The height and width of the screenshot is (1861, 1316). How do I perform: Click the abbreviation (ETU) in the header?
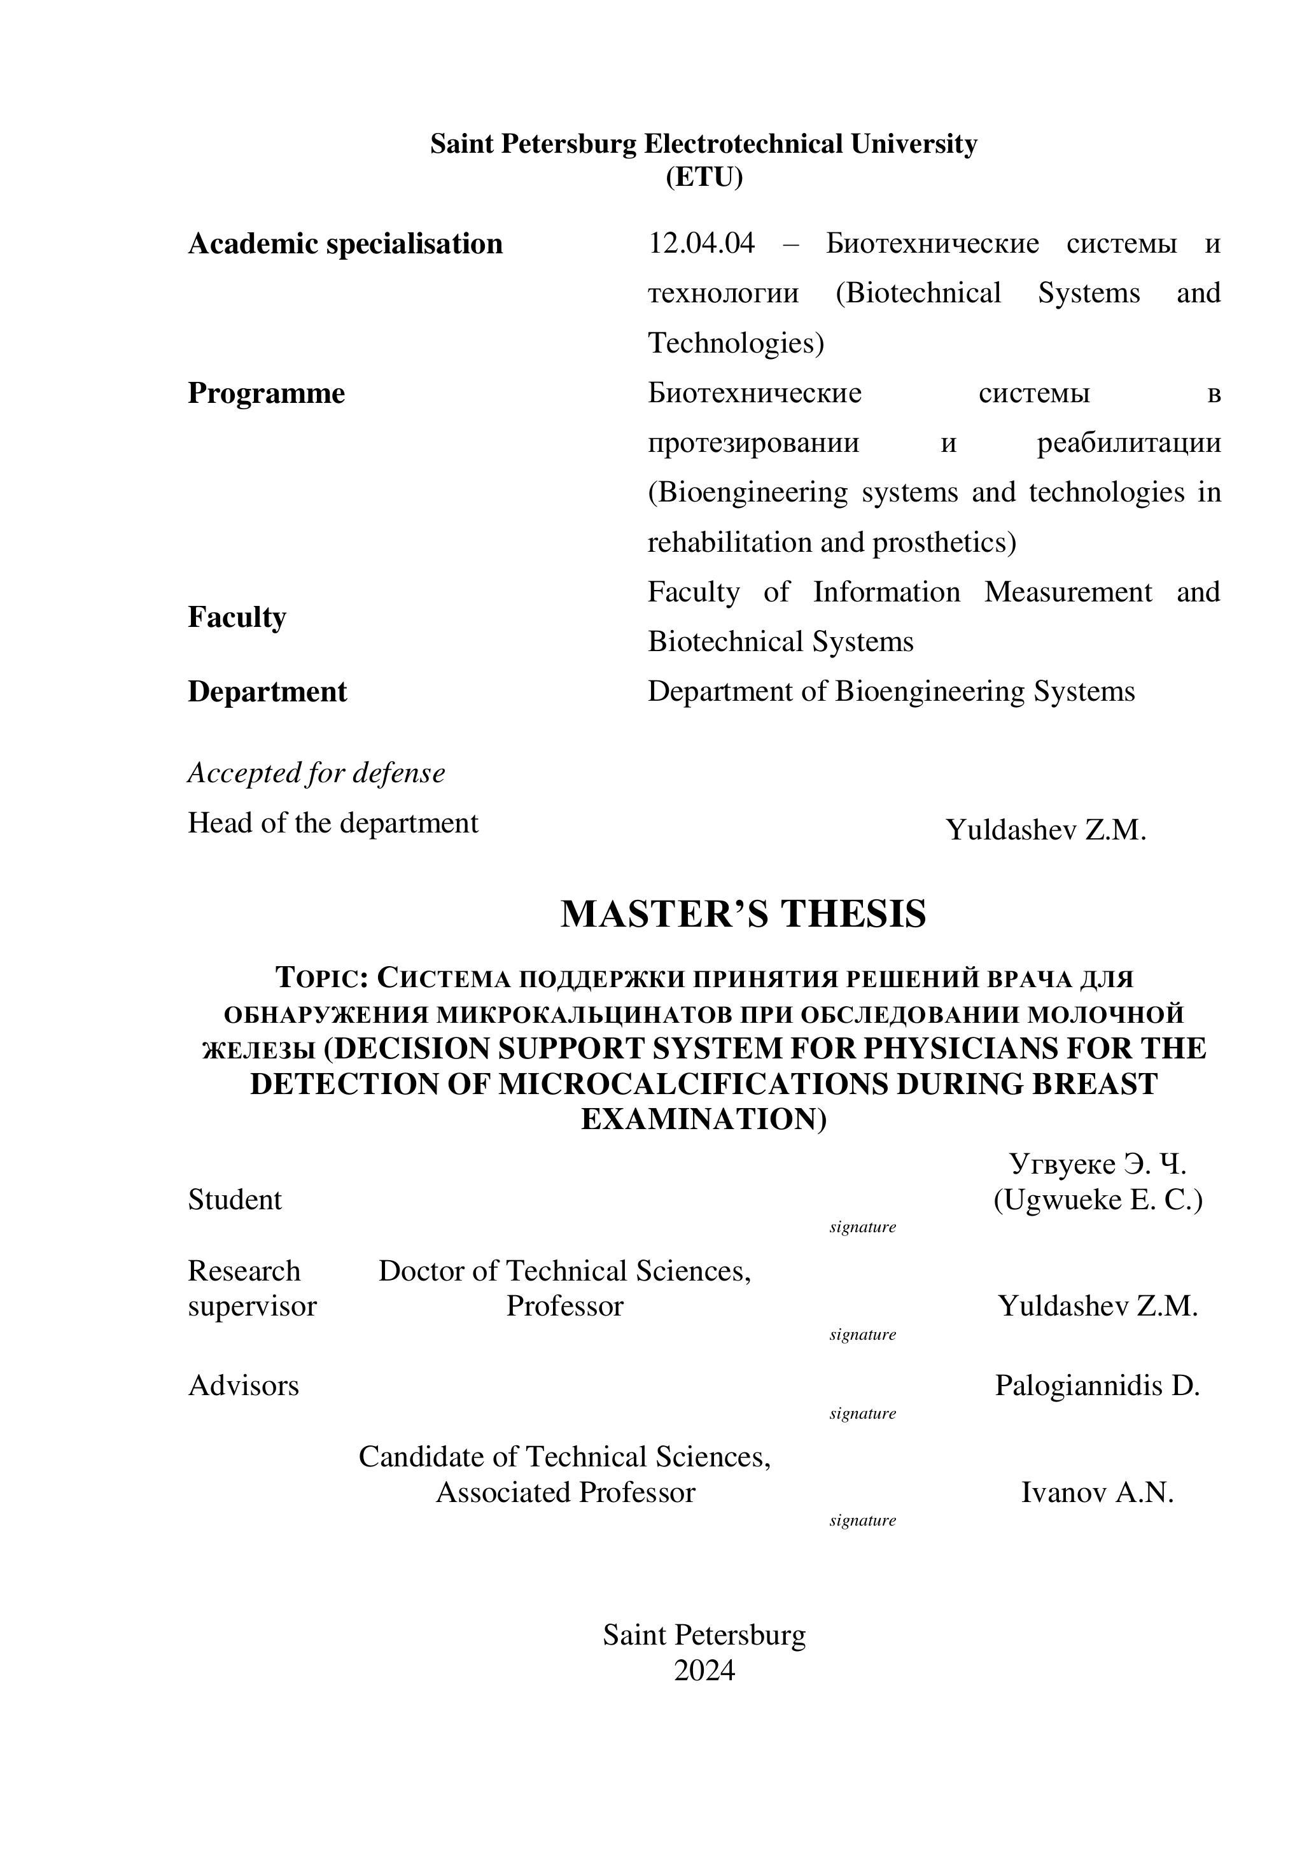click(x=703, y=177)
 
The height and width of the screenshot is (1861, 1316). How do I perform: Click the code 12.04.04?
click(x=701, y=243)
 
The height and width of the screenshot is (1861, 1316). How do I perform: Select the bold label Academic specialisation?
click(x=345, y=244)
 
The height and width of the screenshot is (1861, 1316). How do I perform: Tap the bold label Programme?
click(x=266, y=393)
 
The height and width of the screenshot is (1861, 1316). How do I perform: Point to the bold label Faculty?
click(x=237, y=617)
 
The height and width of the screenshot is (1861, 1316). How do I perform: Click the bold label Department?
click(x=267, y=691)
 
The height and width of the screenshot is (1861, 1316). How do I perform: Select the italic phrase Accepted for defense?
click(x=316, y=773)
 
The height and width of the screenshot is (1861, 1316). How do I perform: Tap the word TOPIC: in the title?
click(x=323, y=978)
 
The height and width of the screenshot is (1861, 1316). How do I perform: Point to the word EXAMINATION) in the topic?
click(x=703, y=1120)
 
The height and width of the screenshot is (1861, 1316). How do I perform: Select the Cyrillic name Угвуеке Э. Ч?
click(x=1097, y=1164)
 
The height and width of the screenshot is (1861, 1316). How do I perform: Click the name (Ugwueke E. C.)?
click(x=1097, y=1200)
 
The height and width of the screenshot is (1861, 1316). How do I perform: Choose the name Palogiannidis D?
click(x=1097, y=1386)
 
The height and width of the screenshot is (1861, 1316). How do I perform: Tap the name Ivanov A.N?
click(x=1097, y=1492)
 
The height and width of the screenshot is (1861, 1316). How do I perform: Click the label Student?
click(x=235, y=1200)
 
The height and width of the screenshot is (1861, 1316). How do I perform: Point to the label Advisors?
click(x=243, y=1386)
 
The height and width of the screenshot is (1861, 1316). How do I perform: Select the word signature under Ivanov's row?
click(x=862, y=1520)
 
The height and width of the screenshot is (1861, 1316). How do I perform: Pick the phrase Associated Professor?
click(x=565, y=1492)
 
